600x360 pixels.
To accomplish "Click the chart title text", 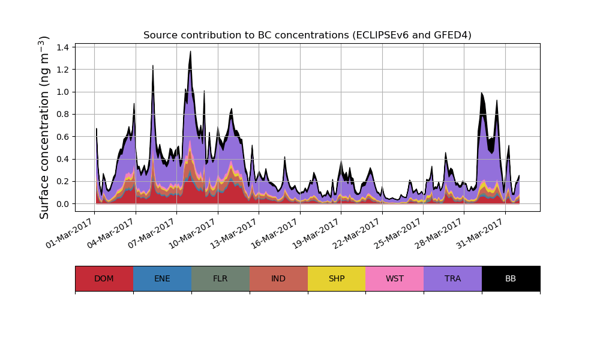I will click(x=307, y=35).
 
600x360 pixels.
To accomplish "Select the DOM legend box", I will click(x=104, y=278).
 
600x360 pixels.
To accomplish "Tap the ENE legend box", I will click(x=162, y=278).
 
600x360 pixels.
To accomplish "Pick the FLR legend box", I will click(x=220, y=278).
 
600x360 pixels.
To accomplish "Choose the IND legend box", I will click(x=278, y=278).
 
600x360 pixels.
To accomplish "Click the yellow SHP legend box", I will click(x=337, y=278).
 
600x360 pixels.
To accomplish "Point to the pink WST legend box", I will click(x=395, y=278).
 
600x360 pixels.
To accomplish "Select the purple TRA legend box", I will click(x=453, y=278).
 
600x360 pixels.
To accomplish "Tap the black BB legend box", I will click(x=511, y=278).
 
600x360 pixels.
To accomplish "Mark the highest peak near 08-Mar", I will click(x=190, y=52).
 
